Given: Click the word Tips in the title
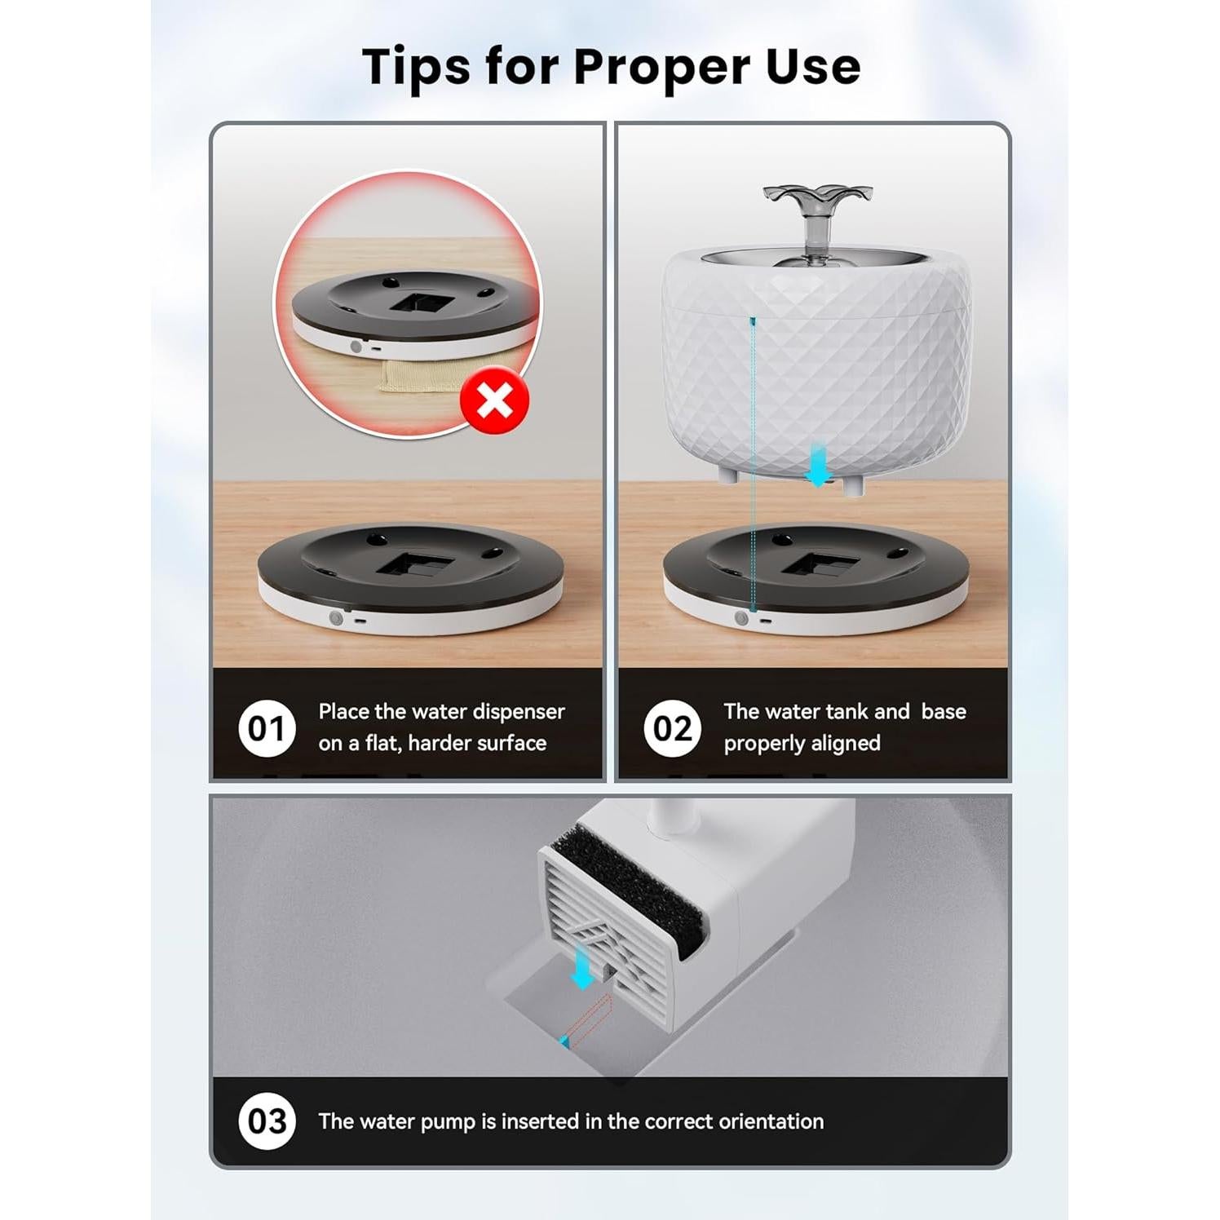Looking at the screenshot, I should tap(416, 67).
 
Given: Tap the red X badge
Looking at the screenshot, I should tap(494, 400).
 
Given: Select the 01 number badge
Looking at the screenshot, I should tap(267, 728).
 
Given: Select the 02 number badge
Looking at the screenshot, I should tap(672, 728).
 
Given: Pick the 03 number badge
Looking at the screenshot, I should tap(267, 1121).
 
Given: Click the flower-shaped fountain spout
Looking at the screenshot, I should tap(817, 200).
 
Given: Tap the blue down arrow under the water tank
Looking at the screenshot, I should tap(818, 465).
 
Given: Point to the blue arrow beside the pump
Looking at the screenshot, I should tap(582, 967).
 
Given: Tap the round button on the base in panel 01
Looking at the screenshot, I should tap(336, 618).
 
